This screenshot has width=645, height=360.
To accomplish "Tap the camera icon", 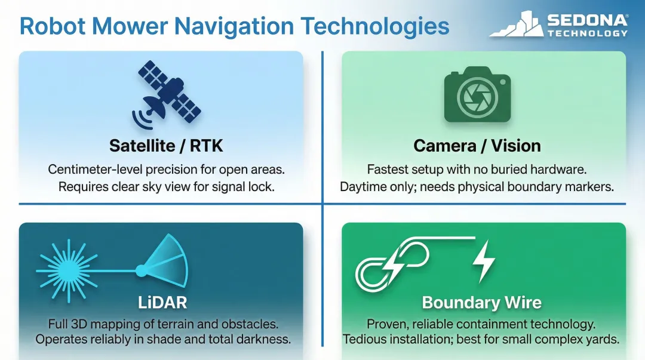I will pyautogui.click(x=477, y=96).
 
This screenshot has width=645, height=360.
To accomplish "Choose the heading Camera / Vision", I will pyautogui.click(x=477, y=146).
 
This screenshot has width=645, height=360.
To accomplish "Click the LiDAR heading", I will pyautogui.click(x=162, y=302).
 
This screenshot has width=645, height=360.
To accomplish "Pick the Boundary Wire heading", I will pyautogui.click(x=481, y=302).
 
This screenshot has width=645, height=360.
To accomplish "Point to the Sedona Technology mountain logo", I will pyautogui.click(x=515, y=25).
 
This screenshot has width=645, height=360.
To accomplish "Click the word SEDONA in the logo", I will pyautogui.click(x=587, y=20).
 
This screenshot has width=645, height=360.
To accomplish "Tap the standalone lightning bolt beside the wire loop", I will pyautogui.click(x=483, y=261).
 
